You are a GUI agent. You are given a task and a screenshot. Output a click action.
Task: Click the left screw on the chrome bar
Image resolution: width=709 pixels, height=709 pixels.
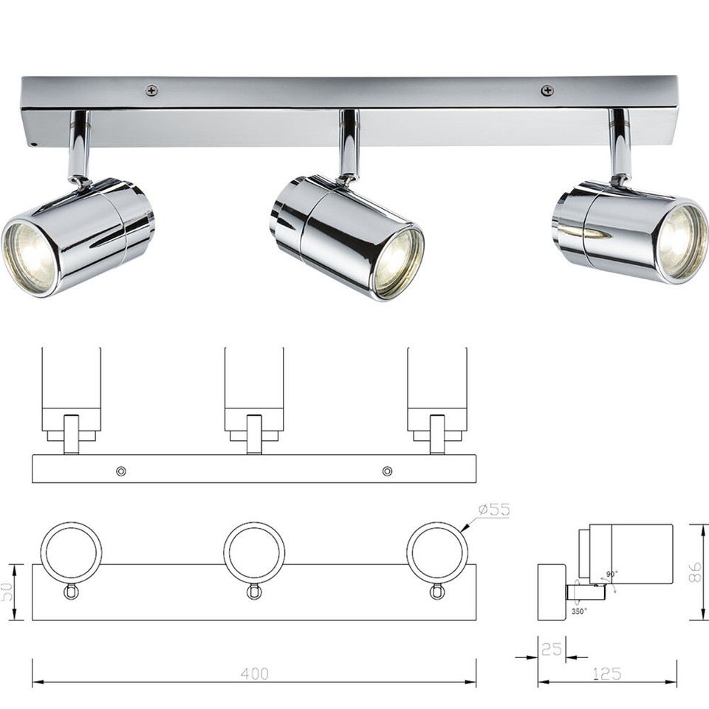(x=152, y=90)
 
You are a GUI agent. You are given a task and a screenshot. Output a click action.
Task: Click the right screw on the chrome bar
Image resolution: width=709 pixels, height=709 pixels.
(x=547, y=90)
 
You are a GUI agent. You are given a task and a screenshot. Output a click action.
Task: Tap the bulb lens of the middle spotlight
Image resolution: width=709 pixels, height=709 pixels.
(x=398, y=263)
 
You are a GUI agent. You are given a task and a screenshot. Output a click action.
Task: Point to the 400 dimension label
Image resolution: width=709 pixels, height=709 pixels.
(x=254, y=674)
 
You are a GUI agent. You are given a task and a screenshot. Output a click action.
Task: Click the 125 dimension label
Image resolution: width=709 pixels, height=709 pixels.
(x=606, y=674)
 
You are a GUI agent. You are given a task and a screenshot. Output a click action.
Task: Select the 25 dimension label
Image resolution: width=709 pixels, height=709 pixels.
(x=551, y=650)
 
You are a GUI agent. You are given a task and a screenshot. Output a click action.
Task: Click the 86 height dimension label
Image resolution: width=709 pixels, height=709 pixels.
(x=695, y=572)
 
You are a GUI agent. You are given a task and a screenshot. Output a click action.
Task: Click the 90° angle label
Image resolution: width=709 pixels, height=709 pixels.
(x=612, y=574)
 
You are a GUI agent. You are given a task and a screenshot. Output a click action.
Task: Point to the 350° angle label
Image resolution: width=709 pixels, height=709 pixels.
(x=579, y=612)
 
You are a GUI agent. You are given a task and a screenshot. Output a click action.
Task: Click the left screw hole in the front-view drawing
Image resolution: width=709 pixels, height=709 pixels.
(x=121, y=470)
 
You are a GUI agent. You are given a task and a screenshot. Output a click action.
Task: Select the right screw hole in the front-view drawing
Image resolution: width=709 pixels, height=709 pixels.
(x=387, y=470)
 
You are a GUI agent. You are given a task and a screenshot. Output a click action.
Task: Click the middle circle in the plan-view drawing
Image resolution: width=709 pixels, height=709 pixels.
(x=254, y=552)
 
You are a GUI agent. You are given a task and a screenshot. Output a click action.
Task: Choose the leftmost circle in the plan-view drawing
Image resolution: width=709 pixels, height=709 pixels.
(x=71, y=552)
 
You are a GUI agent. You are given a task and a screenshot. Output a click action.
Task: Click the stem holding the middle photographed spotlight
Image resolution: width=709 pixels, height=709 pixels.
(x=349, y=144)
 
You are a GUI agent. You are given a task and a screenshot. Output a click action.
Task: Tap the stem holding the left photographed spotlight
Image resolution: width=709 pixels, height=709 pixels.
(x=79, y=145)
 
